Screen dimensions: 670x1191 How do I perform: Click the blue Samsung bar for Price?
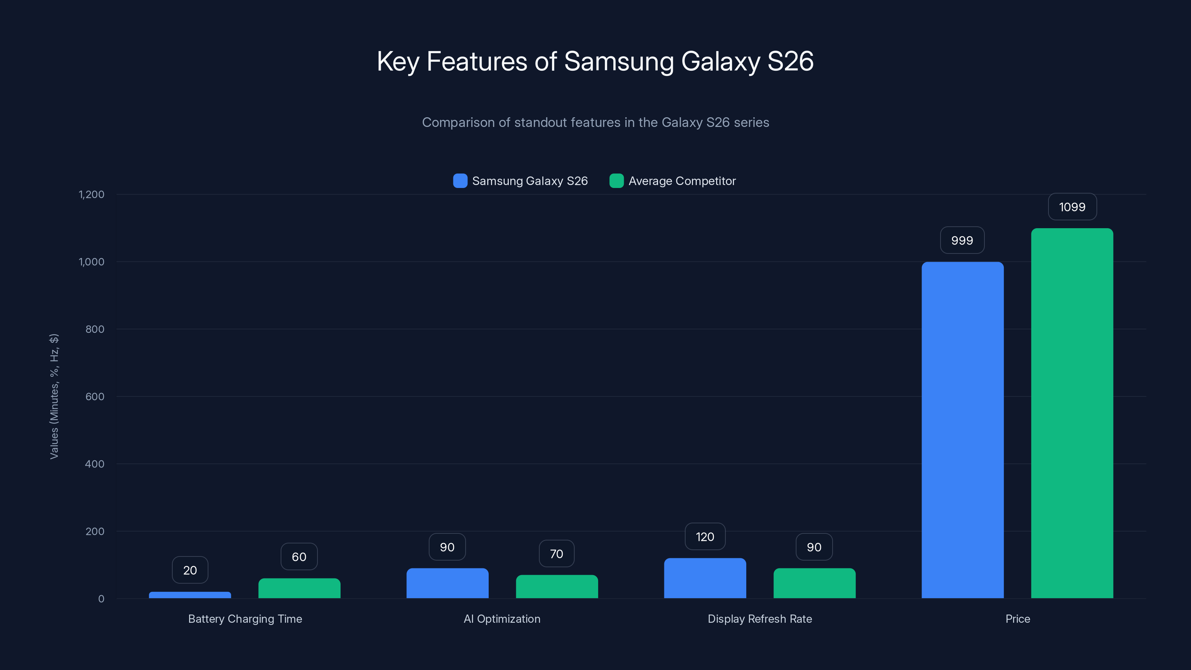point(962,430)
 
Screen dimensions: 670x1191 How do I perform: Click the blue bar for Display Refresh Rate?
point(705,578)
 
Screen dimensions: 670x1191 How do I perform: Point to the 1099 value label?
point(1072,207)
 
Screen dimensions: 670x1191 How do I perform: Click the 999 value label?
point(962,240)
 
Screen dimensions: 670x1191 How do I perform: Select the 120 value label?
point(705,536)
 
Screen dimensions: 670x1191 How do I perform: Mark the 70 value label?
point(556,553)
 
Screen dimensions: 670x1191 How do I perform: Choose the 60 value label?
point(298,557)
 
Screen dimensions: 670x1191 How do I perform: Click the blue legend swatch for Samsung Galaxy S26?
point(460,181)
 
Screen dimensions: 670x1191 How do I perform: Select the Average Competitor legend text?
point(681,181)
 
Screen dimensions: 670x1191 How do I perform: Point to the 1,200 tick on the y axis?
point(92,194)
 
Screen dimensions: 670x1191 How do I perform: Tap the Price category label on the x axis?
point(1017,619)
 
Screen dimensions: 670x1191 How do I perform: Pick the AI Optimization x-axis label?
point(502,619)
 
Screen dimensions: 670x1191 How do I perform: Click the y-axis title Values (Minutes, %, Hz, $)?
point(54,396)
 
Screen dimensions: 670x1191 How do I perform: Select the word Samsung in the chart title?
point(619,61)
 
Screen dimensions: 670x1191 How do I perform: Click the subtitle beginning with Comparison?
point(595,122)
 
